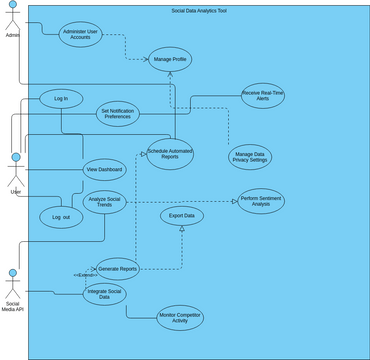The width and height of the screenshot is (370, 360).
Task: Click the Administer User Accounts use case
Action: coord(81,33)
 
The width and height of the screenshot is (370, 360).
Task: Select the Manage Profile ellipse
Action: coord(169,60)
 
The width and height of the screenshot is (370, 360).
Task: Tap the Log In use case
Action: coord(61,99)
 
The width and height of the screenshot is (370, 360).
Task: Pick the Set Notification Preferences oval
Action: coord(118,114)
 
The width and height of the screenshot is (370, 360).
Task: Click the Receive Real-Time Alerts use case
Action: coord(263,96)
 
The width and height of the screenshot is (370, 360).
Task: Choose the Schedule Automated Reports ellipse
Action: coord(170,153)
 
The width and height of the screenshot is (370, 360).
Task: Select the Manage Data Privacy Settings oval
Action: coord(250,157)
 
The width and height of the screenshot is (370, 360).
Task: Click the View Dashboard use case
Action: coord(104,170)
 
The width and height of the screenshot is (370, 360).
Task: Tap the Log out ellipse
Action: coord(61,216)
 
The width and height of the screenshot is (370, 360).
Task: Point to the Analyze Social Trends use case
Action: coord(104,203)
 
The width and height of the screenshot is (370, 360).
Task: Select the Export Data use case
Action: coord(181,215)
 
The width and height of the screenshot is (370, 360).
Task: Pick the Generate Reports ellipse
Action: coord(118,268)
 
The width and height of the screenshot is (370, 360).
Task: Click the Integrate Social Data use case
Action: coord(104,294)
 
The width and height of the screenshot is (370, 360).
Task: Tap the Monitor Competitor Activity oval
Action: coord(180,319)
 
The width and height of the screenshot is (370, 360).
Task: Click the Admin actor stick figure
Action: coord(13,17)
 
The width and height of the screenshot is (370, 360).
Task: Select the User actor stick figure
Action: coord(15,168)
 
